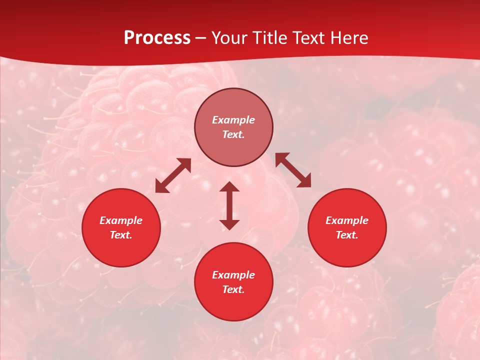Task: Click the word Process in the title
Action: [x=157, y=38]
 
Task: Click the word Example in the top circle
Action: [x=233, y=120]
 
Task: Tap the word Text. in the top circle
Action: [x=233, y=134]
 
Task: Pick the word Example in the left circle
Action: [x=121, y=220]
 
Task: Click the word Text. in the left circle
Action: [x=121, y=235]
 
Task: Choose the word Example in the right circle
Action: [x=347, y=220]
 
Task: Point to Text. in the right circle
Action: [x=347, y=235]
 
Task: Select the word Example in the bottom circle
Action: [x=233, y=275]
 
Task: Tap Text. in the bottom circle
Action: [x=233, y=289]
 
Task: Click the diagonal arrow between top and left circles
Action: [x=173, y=175]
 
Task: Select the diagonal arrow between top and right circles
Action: [x=293, y=170]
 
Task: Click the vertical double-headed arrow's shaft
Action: [x=229, y=205]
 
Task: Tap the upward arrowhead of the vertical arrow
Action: [x=229, y=187]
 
